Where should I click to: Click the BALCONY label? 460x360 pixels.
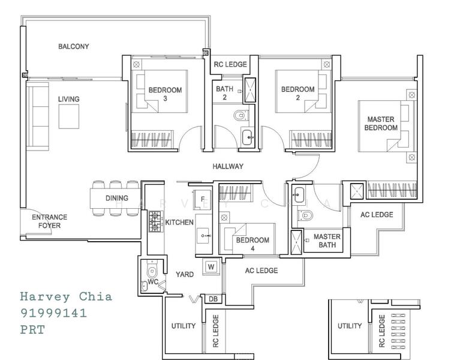coord(73,46)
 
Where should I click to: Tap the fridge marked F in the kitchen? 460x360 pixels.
coord(203,200)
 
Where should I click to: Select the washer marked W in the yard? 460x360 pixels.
coord(211,267)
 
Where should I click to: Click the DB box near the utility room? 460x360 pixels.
coord(214,299)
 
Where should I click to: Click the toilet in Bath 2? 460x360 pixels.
coord(241,115)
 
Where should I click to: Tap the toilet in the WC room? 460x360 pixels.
coord(152,271)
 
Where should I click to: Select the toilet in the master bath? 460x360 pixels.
coord(305,215)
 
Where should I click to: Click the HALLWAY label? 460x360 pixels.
coord(228,167)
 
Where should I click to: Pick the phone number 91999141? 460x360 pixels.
coord(53,313)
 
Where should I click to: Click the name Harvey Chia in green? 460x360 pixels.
coord(66,296)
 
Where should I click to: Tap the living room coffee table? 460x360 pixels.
coord(69,116)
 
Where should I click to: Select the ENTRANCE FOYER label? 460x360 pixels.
coord(50,221)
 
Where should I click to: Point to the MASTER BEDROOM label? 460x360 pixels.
coord(381,124)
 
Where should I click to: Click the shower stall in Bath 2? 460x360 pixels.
coord(250,90)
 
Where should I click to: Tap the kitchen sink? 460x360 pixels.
coord(203,236)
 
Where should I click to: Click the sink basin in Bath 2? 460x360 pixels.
coord(248,137)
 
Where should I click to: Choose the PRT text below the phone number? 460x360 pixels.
coord(32,329)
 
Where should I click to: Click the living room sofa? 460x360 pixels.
coord(38,116)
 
